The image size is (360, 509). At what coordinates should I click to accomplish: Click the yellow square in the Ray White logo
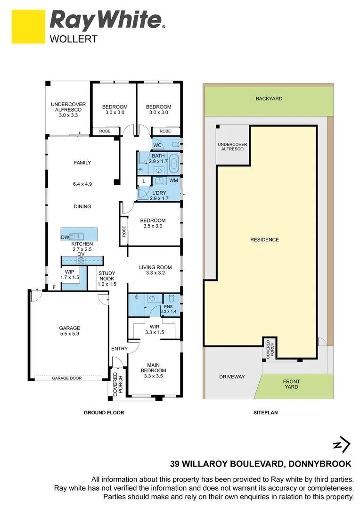click(x=28, y=27)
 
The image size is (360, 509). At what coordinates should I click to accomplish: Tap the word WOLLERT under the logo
click(x=74, y=39)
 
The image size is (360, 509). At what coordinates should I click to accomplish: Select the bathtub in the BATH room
click(x=173, y=164)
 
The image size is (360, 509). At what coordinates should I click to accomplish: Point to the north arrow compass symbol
click(x=342, y=444)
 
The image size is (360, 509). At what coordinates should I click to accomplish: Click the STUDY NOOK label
click(x=106, y=276)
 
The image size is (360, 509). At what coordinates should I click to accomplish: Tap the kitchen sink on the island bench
click(x=77, y=236)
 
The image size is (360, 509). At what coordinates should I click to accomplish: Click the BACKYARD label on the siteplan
click(x=269, y=99)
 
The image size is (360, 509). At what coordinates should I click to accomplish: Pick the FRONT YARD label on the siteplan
click(x=291, y=384)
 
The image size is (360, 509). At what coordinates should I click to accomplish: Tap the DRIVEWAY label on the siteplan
click(x=232, y=377)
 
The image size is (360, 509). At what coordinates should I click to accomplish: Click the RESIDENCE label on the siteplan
click(x=264, y=239)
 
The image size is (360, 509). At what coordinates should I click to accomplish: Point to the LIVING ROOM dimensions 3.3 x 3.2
click(x=155, y=273)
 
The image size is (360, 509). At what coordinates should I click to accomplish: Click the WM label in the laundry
click(x=173, y=181)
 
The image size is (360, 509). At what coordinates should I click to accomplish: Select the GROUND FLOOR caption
click(x=104, y=412)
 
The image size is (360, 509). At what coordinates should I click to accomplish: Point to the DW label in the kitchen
click(x=65, y=238)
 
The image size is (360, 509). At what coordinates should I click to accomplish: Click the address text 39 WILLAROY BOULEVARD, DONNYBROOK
click(x=261, y=464)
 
